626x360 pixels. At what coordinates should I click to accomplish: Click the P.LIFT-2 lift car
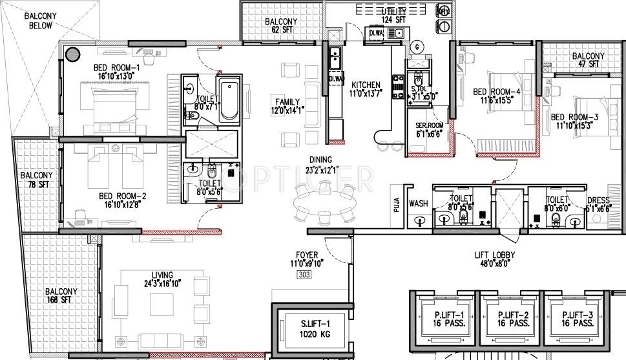[x=509, y=319]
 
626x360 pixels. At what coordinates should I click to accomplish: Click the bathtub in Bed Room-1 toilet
[x=229, y=101]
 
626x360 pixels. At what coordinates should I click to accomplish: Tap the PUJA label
[x=397, y=205]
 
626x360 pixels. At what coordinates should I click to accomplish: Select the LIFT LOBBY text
[x=494, y=259]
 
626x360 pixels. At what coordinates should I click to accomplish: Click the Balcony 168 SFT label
[x=61, y=295]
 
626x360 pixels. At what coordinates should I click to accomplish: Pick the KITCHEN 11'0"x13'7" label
[x=366, y=89]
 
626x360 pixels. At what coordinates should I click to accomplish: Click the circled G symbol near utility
[x=417, y=46]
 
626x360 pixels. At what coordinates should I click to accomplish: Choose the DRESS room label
[x=597, y=204]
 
